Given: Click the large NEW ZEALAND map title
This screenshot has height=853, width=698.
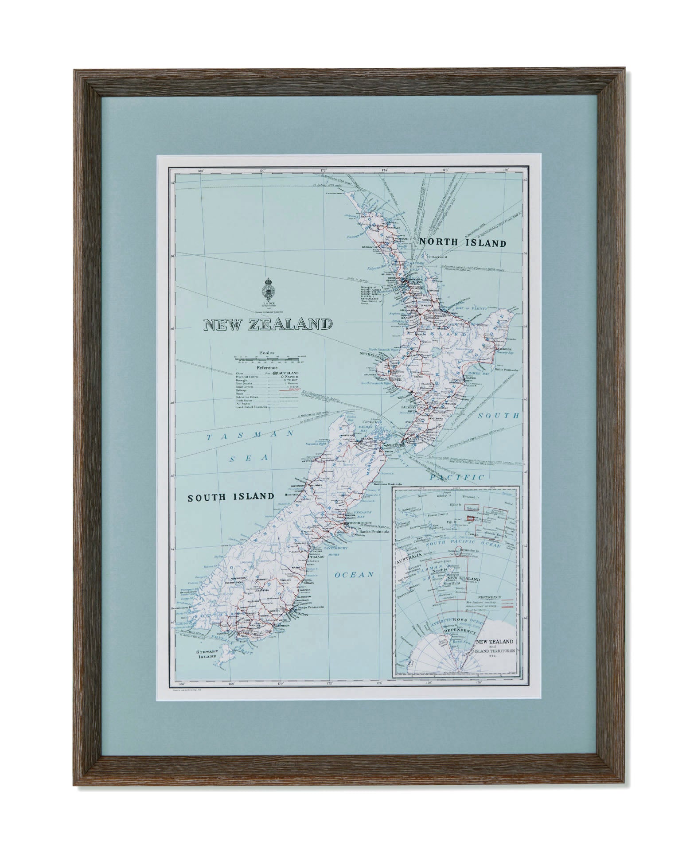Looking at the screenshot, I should tap(267, 324).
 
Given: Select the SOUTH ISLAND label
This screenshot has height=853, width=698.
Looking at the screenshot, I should tap(231, 497).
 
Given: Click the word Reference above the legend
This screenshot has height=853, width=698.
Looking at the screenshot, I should tap(267, 367).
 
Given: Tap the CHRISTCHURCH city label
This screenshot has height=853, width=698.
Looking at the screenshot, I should tap(361, 523).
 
